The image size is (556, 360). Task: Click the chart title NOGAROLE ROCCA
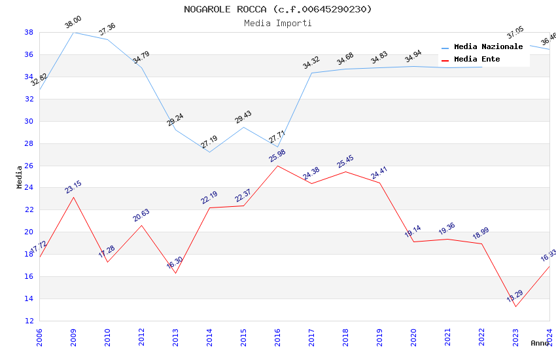point(277,9)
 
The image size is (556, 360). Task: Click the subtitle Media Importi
point(277,23)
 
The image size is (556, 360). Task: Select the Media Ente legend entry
point(477,60)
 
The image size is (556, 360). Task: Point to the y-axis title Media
point(20,177)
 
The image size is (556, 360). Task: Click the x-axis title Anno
point(540,343)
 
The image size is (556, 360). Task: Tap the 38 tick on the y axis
point(29,32)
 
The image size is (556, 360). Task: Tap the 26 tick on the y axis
point(29,166)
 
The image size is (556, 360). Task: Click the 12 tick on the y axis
point(29,321)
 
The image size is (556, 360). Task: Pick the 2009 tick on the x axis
point(73,336)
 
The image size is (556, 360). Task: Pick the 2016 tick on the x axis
point(277,336)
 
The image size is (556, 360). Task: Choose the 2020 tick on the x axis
point(413,336)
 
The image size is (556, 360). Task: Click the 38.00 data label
point(73,24)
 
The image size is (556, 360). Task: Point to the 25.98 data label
point(277,156)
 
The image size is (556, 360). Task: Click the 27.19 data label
point(209,142)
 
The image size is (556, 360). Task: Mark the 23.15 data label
point(73,187)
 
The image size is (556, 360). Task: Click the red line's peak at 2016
point(277,166)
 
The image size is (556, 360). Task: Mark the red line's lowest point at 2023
point(515,306)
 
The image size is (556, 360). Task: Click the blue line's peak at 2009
point(73,32)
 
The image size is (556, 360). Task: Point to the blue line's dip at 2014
point(209,152)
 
